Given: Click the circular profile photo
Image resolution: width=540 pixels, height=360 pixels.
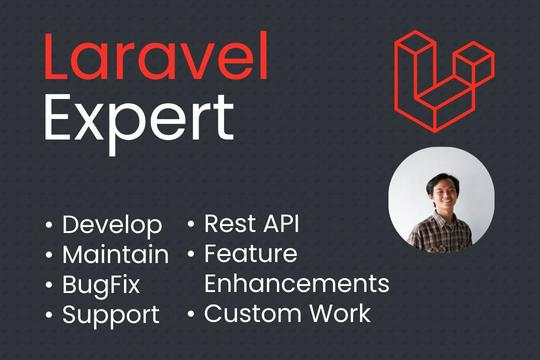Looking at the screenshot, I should (x=441, y=201).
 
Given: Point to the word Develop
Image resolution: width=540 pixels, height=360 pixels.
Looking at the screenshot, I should (x=112, y=224).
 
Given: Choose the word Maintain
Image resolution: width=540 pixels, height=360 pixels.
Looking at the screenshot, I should (x=115, y=254).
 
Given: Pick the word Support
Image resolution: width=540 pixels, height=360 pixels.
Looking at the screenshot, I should (x=110, y=316).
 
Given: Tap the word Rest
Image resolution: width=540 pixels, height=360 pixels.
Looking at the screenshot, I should (x=230, y=223).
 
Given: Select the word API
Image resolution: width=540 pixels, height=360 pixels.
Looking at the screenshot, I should (x=283, y=223).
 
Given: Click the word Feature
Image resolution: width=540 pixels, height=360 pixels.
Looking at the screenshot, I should (x=250, y=254).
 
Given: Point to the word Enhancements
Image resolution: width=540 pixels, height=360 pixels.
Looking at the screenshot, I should (x=296, y=285).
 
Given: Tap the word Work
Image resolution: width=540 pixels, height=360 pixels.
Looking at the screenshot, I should (x=341, y=314).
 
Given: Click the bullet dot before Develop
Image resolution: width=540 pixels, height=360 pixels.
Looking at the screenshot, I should (x=50, y=225).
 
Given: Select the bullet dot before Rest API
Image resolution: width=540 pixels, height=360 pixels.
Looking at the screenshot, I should (x=191, y=224).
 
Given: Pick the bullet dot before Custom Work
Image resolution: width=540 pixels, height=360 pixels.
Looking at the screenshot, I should (x=191, y=316).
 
